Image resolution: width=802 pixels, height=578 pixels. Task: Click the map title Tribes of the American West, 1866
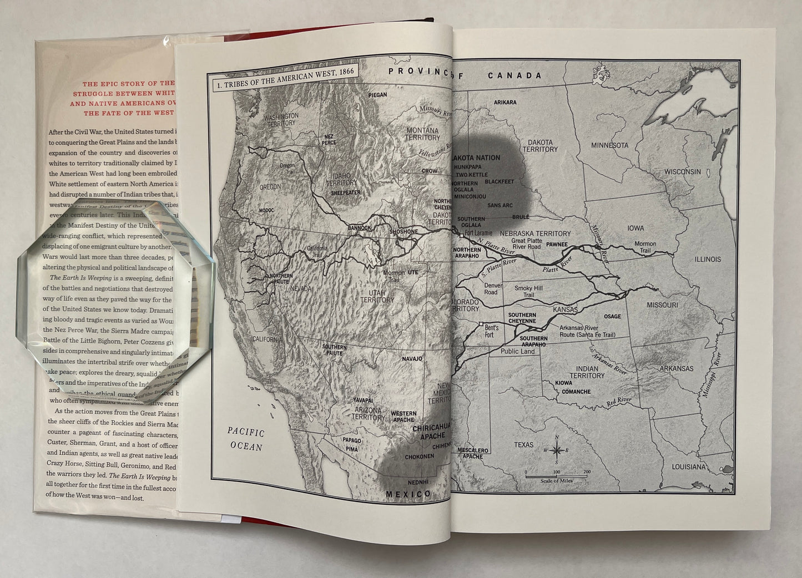coord(283,86)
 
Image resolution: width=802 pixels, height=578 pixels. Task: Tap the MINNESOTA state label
coord(609,145)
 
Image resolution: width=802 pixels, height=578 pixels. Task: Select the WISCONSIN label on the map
coord(683,172)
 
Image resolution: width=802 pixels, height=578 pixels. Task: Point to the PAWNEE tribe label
coord(557,245)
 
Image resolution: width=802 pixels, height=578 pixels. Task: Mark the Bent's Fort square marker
coord(481,323)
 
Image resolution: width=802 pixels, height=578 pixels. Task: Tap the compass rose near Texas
coord(559,450)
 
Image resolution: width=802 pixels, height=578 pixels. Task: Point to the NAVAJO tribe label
coord(412,359)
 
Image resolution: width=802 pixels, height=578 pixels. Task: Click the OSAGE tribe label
coord(612,317)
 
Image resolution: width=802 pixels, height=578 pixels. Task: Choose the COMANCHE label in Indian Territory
coord(576,392)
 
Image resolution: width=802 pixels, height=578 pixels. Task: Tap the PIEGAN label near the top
coord(378,95)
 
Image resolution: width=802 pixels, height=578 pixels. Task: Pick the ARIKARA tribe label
coord(505,103)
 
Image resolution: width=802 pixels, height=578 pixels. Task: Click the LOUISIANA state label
coord(689,467)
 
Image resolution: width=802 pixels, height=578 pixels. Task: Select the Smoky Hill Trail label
coord(528,292)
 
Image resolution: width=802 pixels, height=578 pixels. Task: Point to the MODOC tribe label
coord(266,211)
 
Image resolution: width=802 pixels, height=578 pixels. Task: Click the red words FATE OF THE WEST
coord(129,113)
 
